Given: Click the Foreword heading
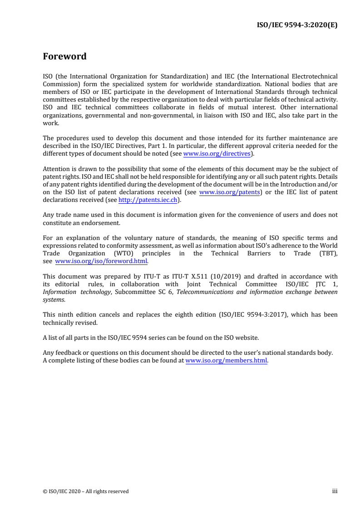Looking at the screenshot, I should click(64, 57).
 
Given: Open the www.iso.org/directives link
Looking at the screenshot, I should click(217, 153).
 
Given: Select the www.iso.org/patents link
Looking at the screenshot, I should click(230, 192).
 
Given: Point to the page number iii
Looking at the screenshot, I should click(335, 491).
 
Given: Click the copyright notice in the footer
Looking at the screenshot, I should click(86, 491).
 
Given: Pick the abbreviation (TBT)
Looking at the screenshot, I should click(326, 254).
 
